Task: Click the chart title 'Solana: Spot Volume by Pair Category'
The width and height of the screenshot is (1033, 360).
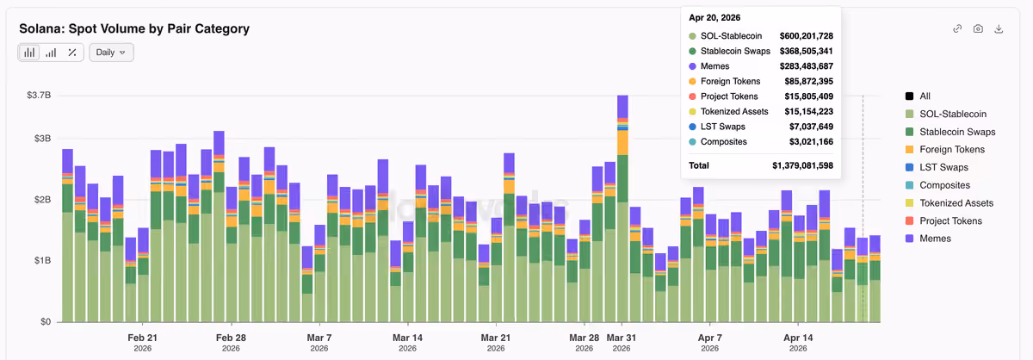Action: (x=134, y=28)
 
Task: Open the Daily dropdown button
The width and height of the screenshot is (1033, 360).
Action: (x=111, y=53)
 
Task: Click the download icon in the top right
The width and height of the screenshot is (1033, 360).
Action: (x=999, y=29)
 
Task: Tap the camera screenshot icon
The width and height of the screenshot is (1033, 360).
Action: (x=978, y=29)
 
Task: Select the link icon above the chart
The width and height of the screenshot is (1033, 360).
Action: (x=957, y=29)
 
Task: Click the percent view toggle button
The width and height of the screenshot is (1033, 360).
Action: (x=72, y=53)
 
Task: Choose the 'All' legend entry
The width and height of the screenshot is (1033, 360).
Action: (x=918, y=96)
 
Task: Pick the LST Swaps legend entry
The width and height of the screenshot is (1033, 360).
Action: (x=937, y=167)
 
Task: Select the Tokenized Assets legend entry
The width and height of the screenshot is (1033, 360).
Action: (x=949, y=203)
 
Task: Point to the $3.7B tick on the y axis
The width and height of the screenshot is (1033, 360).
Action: (x=39, y=95)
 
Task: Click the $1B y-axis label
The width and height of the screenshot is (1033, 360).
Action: (x=42, y=260)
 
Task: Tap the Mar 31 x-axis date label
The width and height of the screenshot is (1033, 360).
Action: (x=622, y=342)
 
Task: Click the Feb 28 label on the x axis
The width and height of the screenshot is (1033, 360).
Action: (x=231, y=342)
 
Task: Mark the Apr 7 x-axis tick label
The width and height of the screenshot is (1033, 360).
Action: (x=709, y=342)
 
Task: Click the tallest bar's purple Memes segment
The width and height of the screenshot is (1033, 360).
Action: (x=622, y=107)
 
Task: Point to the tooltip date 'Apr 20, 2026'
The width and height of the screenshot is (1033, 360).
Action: (x=714, y=17)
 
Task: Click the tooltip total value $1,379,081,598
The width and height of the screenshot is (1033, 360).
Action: (x=802, y=165)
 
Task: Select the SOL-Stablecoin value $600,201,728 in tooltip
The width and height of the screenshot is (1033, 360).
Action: (x=806, y=36)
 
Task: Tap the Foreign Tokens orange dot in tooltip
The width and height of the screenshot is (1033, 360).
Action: (x=692, y=81)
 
